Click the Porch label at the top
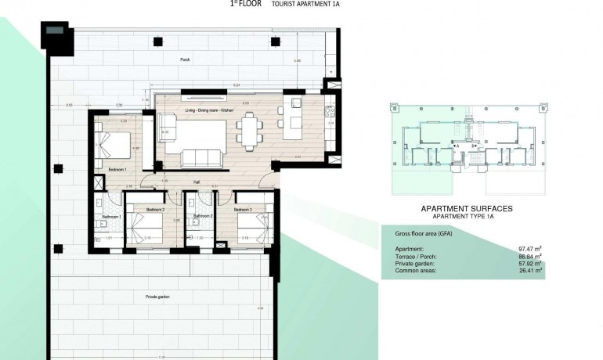coord(185,59)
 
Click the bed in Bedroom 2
coord(150,229)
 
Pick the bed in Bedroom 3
coord(253,227)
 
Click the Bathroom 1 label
coord(110,216)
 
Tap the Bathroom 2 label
coord(203,216)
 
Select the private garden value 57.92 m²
coord(530,264)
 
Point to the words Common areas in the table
coord(415,271)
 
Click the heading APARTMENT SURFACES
coord(467,209)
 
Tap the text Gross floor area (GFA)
coord(419,233)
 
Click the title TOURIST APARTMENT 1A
coord(305,4)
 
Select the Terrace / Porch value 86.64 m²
coord(530,256)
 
